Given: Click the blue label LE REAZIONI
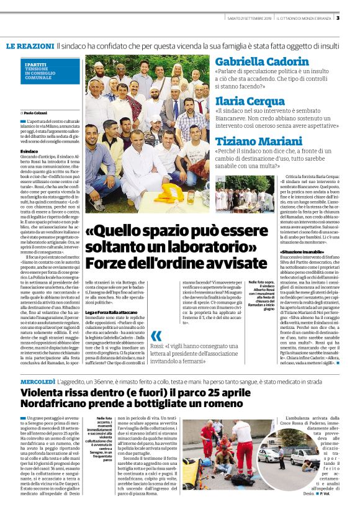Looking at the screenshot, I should pyautogui.click(x=30, y=47).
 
